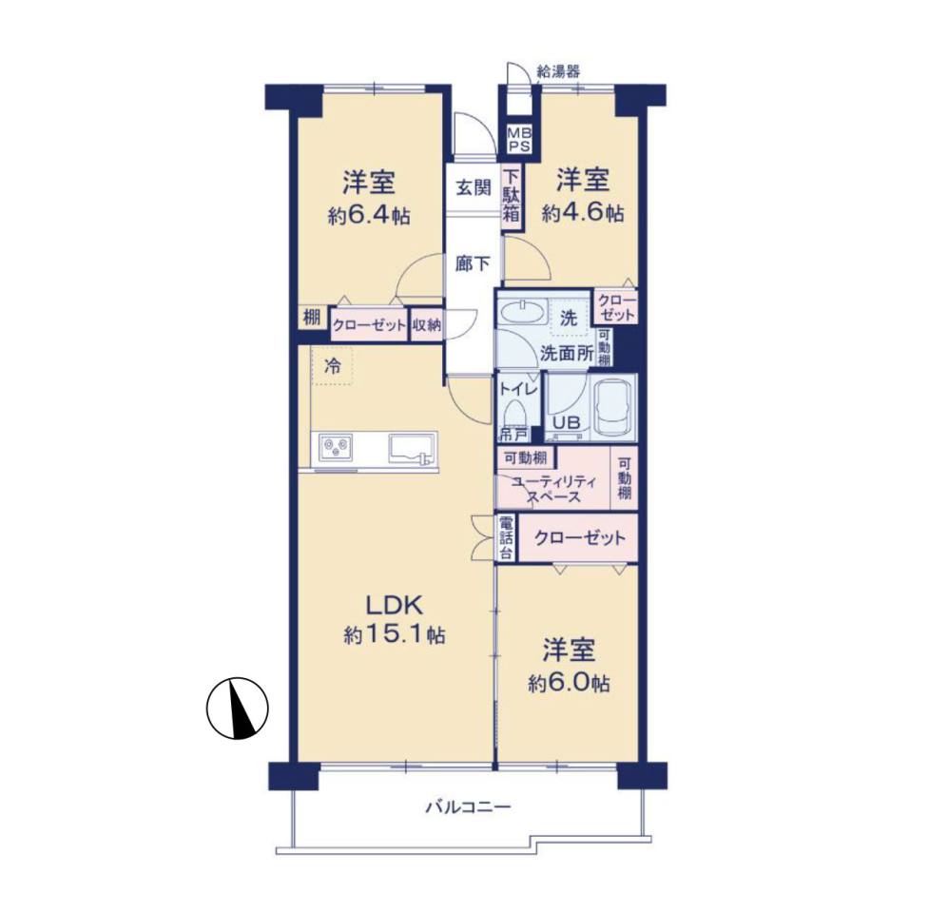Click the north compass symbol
tap(238, 708)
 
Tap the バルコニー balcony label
tap(469, 806)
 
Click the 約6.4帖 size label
tap(369, 216)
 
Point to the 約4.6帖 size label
tap(583, 213)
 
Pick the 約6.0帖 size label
tap(569, 683)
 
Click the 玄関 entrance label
tap(474, 187)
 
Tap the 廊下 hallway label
tap(473, 263)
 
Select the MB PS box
tap(519, 140)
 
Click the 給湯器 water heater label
tap(558, 72)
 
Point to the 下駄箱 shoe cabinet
tap(512, 195)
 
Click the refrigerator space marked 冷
tap(332, 366)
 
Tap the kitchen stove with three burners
tap(335, 447)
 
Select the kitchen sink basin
tap(413, 448)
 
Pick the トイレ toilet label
tap(518, 389)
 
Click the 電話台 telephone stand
tap(507, 538)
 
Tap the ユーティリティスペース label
tap(553, 489)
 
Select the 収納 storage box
tap(427, 324)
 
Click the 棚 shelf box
tap(311, 317)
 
